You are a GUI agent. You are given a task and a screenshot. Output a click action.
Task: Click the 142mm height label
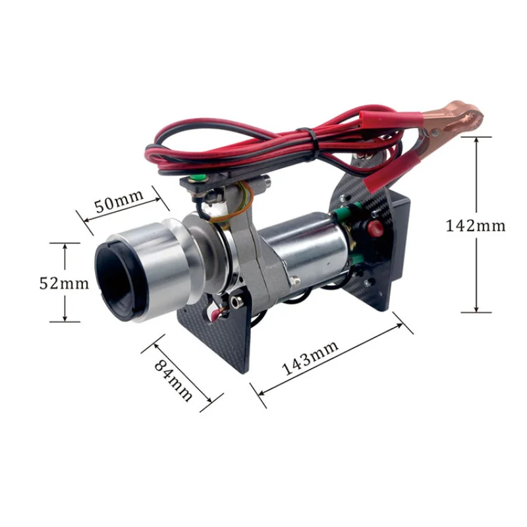pyautogui.click(x=476, y=225)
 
